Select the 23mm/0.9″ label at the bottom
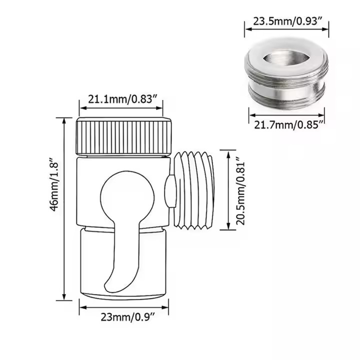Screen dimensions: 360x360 [123, 316]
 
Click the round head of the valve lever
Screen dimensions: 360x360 [123, 197]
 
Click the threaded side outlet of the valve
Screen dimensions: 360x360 [195, 191]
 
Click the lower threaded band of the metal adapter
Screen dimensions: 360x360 [286, 95]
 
